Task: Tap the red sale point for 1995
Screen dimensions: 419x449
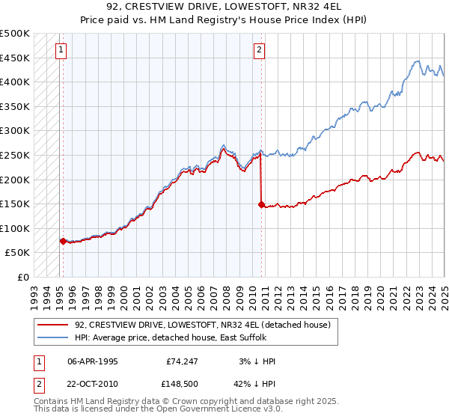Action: pos(63,241)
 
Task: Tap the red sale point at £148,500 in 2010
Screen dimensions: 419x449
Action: pos(261,204)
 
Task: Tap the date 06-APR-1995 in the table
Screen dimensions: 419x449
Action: pos(92,361)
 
